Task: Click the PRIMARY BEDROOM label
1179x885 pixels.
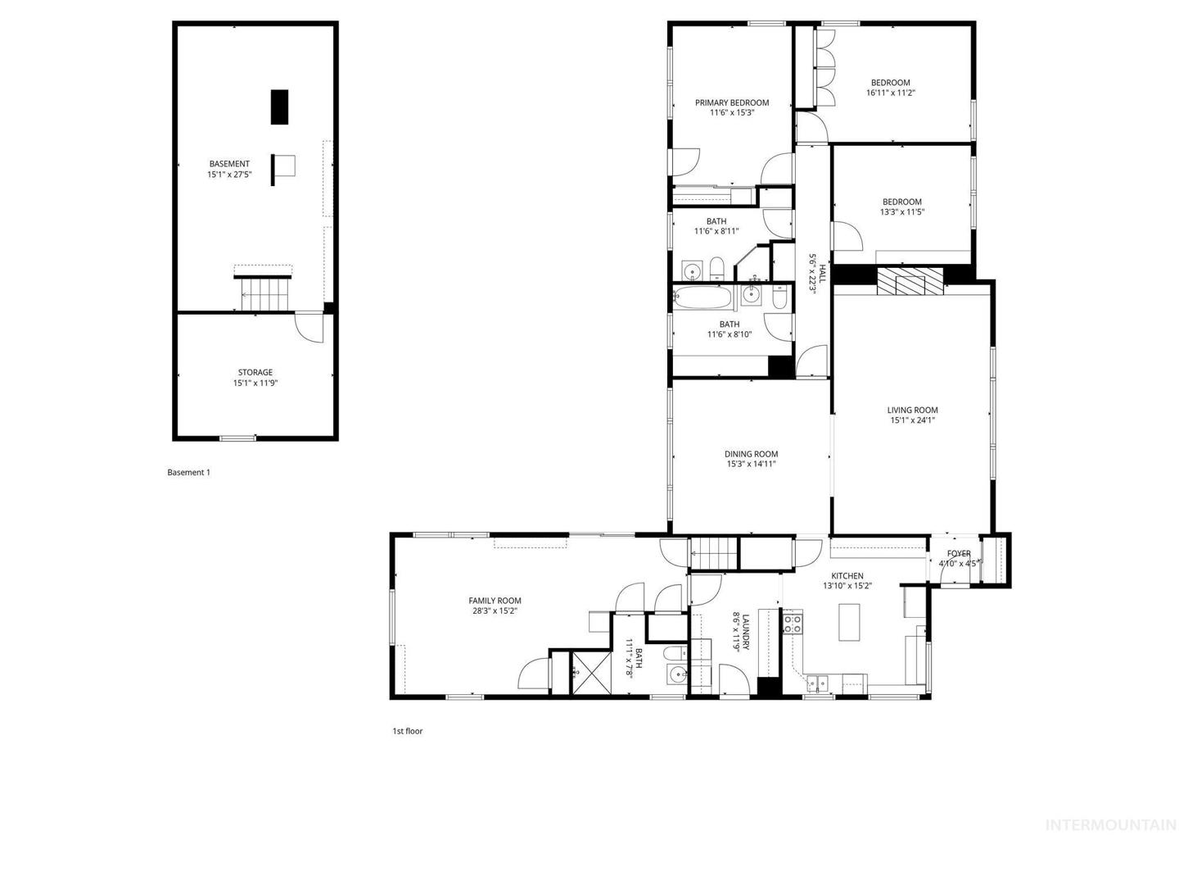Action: tap(732, 102)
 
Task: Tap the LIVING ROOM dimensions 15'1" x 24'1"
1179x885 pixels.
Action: tap(913, 420)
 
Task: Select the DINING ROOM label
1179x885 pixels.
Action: tap(751, 454)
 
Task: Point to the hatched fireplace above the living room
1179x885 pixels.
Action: tap(910, 281)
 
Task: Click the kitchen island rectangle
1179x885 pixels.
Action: tap(849, 622)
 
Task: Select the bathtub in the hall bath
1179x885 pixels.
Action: tap(702, 297)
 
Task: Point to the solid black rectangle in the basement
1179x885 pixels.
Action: tap(279, 107)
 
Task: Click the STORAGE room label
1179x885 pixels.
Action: tap(255, 372)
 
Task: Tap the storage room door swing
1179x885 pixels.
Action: tap(309, 327)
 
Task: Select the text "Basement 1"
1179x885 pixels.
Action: tap(188, 472)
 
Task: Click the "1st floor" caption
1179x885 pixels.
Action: tap(407, 731)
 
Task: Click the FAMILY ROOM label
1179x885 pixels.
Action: tap(495, 601)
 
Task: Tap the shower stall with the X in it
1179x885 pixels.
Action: tap(591, 673)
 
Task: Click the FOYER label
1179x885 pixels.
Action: tap(959, 553)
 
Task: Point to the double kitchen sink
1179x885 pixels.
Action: tap(817, 683)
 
